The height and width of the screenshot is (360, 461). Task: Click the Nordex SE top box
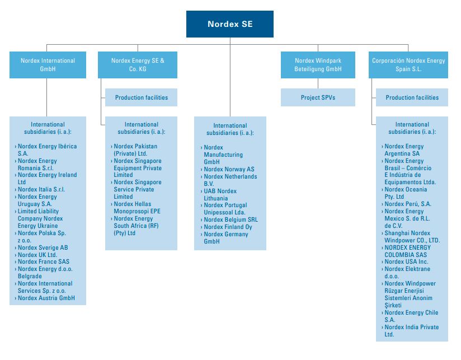(x=230, y=24)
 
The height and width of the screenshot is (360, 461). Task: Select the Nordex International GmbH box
(x=48, y=65)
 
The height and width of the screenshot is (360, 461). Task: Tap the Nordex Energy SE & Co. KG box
(x=138, y=65)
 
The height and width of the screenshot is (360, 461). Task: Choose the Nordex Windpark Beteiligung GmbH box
(x=318, y=65)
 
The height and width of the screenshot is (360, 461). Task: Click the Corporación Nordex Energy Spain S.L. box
(x=408, y=65)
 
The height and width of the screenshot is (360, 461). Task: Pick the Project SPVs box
(x=318, y=97)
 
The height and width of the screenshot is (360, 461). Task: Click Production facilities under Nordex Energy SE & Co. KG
(x=141, y=97)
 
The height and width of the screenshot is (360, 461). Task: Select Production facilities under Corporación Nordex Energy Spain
(x=412, y=97)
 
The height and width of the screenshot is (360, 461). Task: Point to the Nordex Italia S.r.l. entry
(x=41, y=189)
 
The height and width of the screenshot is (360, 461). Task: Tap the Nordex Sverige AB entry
(x=43, y=247)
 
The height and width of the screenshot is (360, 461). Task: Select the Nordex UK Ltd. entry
(x=37, y=255)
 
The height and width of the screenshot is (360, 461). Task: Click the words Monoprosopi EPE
(x=137, y=211)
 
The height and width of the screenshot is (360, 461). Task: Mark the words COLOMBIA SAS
(x=406, y=255)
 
